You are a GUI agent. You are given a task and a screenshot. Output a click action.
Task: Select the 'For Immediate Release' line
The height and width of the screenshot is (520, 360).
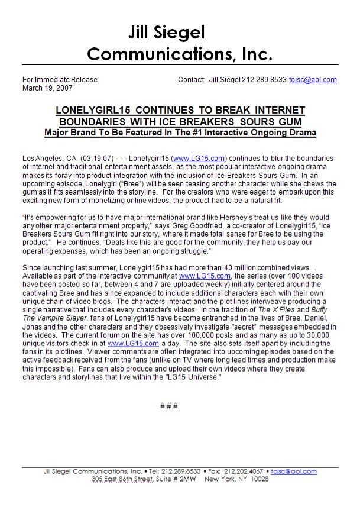tap(60, 80)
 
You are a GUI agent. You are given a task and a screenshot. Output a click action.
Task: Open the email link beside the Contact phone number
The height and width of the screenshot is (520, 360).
tap(313, 80)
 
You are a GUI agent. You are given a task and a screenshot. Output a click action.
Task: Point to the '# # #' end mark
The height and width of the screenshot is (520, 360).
tap(169, 406)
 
